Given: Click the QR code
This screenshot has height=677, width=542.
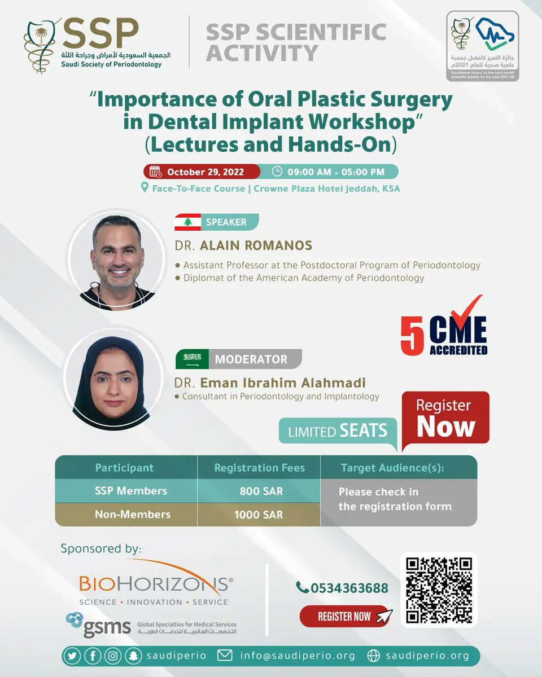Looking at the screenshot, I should pyautogui.click(x=439, y=590).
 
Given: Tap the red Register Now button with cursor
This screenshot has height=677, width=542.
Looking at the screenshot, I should pyautogui.click(x=345, y=616).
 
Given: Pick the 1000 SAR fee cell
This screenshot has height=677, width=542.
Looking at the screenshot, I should pyautogui.click(x=259, y=515).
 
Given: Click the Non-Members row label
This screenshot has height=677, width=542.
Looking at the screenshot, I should pyautogui.click(x=133, y=515).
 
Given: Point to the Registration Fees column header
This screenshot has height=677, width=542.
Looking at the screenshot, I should pyautogui.click(x=259, y=468).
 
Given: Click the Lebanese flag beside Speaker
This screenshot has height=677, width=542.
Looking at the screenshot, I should pyautogui.click(x=187, y=222).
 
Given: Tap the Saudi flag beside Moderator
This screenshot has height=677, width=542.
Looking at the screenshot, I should pyautogui.click(x=192, y=359).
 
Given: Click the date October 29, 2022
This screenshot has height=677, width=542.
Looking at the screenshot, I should pyautogui.click(x=207, y=172).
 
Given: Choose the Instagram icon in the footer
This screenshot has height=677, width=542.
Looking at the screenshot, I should pyautogui.click(x=113, y=656).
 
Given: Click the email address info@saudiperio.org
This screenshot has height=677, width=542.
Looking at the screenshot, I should pyautogui.click(x=296, y=656).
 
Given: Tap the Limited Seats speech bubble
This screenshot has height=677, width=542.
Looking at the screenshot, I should pyautogui.click(x=338, y=432).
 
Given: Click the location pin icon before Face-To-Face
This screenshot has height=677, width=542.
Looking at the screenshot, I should pyautogui.click(x=145, y=188).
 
